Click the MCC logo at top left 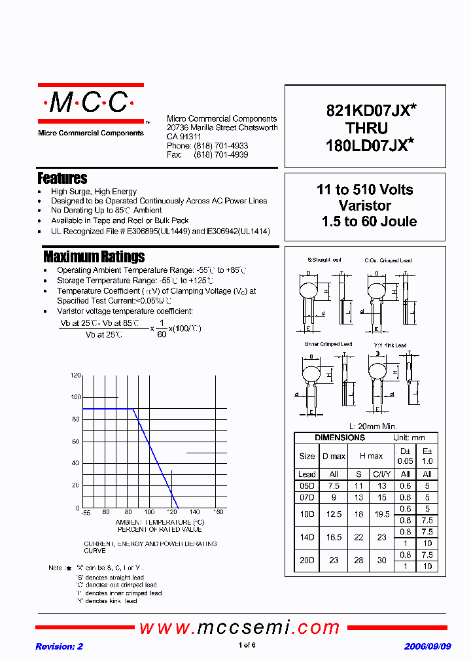coord(90,103)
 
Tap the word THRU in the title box coord(366,128)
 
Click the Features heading coord(62,178)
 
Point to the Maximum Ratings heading coord(94,256)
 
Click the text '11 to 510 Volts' coord(365,190)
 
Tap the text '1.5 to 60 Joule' coord(369,222)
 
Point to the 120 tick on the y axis coord(75,375)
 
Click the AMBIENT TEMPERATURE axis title coord(160,522)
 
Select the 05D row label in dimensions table coord(307,486)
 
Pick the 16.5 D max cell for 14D coord(334,537)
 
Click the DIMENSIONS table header coord(340,438)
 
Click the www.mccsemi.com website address coord(240,628)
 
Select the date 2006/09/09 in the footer coord(427,646)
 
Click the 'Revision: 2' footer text coord(60,646)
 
